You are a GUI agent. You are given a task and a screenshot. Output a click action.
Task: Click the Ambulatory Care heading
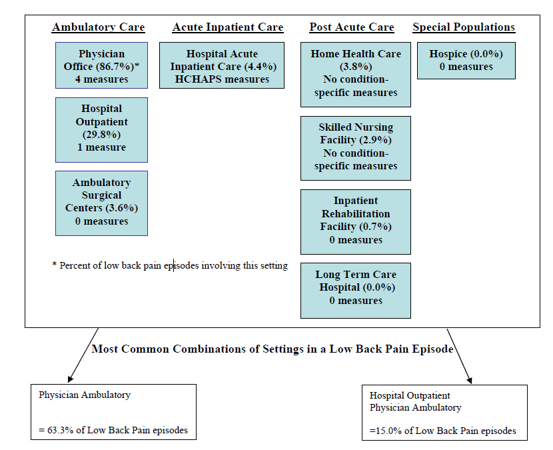tap(98, 27)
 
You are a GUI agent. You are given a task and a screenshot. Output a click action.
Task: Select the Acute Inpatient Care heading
tap(227, 27)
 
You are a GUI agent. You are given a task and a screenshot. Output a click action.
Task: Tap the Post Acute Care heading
tap(351, 27)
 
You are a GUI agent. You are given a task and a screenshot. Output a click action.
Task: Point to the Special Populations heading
tap(464, 27)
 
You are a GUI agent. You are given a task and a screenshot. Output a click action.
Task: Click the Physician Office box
tap(101, 66)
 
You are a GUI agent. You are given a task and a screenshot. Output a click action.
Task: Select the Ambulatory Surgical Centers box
tap(101, 203)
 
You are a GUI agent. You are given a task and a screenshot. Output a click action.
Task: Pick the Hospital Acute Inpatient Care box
tap(222, 65)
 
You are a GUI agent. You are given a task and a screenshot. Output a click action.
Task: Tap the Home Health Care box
tap(355, 74)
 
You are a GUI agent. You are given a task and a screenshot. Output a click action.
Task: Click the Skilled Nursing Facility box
tap(355, 147)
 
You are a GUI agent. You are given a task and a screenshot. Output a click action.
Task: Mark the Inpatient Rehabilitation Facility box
tap(355, 221)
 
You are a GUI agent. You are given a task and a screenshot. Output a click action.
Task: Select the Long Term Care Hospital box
tap(355, 290)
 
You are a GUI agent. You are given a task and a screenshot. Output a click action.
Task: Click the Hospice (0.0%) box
tap(466, 61)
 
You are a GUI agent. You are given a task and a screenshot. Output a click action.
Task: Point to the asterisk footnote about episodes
tap(170, 265)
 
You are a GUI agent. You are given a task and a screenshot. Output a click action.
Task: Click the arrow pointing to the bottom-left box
tap(82, 355)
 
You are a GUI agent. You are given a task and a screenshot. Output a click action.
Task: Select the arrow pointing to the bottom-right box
tap(460, 355)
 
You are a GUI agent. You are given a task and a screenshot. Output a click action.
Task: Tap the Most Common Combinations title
tap(273, 349)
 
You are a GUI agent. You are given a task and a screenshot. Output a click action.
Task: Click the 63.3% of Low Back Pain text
tap(113, 430)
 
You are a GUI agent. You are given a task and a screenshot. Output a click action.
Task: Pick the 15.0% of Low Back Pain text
tap(442, 431)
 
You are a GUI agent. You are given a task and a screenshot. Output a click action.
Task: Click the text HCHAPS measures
tap(222, 79)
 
